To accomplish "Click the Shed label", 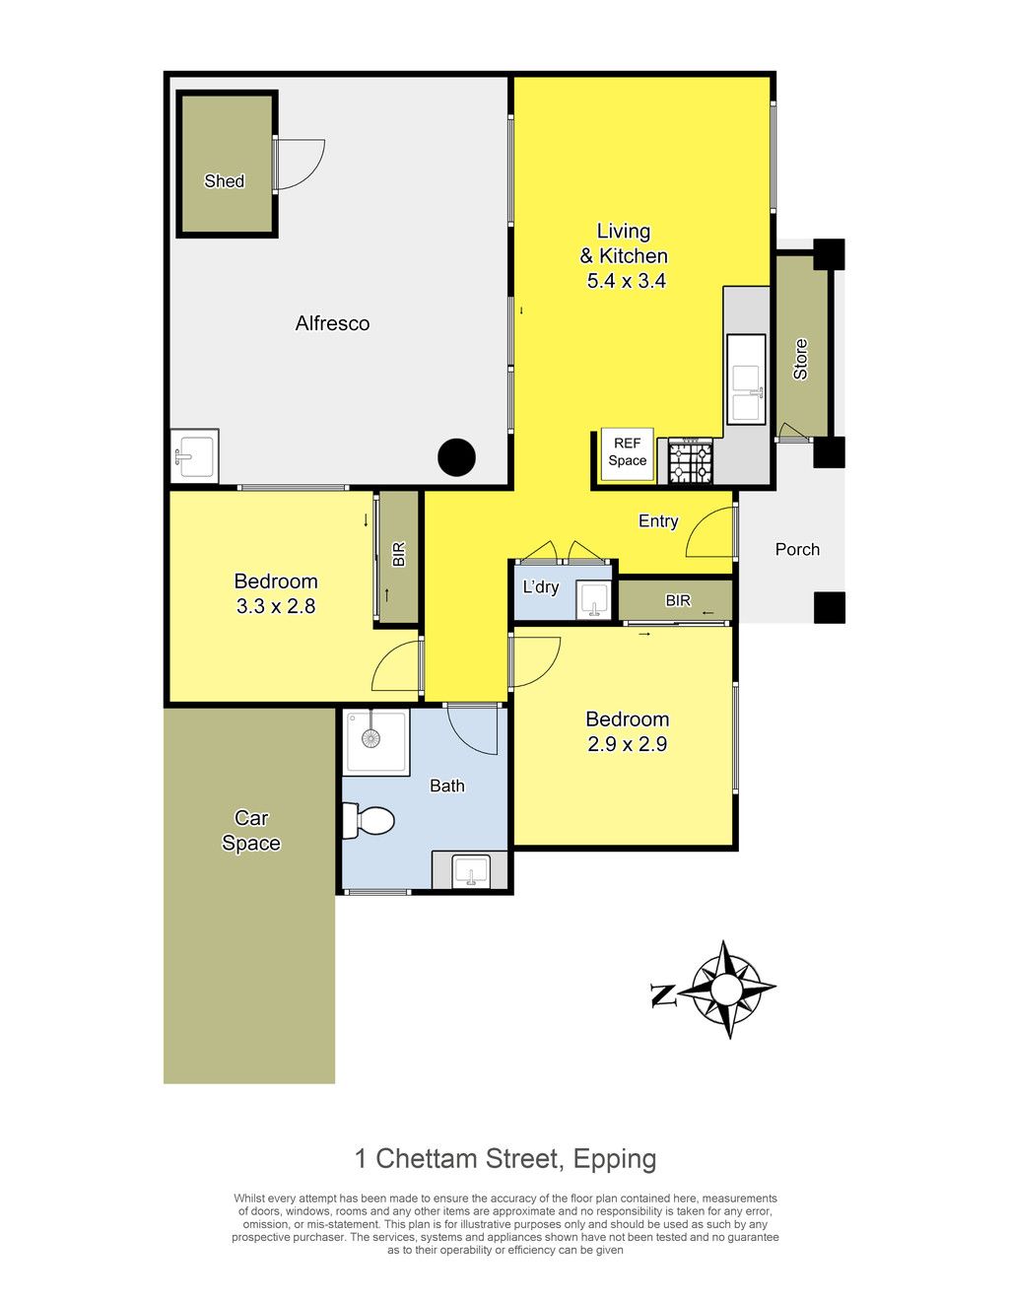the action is click(224, 181).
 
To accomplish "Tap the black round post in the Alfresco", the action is click(456, 457).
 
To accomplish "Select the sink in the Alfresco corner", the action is click(195, 455).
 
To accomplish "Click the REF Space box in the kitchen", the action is click(627, 453).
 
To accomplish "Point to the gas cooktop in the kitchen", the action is click(691, 461).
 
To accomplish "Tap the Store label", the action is click(800, 359).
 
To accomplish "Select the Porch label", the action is click(797, 549).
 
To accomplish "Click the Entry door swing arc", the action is click(698, 526).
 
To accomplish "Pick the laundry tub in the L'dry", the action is click(593, 601).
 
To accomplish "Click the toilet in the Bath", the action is click(368, 820).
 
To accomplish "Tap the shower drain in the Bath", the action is click(370, 739).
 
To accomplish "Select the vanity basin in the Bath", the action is click(471, 870).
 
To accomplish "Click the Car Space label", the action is click(251, 830).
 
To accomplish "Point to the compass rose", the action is click(729, 990).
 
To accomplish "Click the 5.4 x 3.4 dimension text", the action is click(626, 281).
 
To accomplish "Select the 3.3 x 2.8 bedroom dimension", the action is click(276, 606).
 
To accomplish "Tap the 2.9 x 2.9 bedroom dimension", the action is click(627, 743).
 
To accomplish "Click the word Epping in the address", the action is click(615, 1158).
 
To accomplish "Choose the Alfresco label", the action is click(332, 323).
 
